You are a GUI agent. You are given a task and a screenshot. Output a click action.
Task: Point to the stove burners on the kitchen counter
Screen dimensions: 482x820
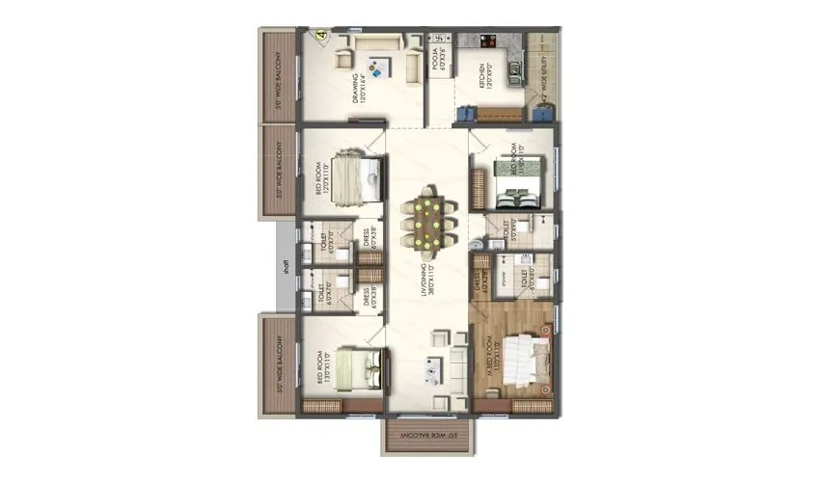pyautogui.click(x=486, y=42)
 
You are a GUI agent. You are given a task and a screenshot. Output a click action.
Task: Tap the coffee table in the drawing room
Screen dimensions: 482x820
pyautogui.click(x=379, y=67)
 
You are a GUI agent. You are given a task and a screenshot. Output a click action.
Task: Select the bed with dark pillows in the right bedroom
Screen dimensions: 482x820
pyautogui.click(x=517, y=183)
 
